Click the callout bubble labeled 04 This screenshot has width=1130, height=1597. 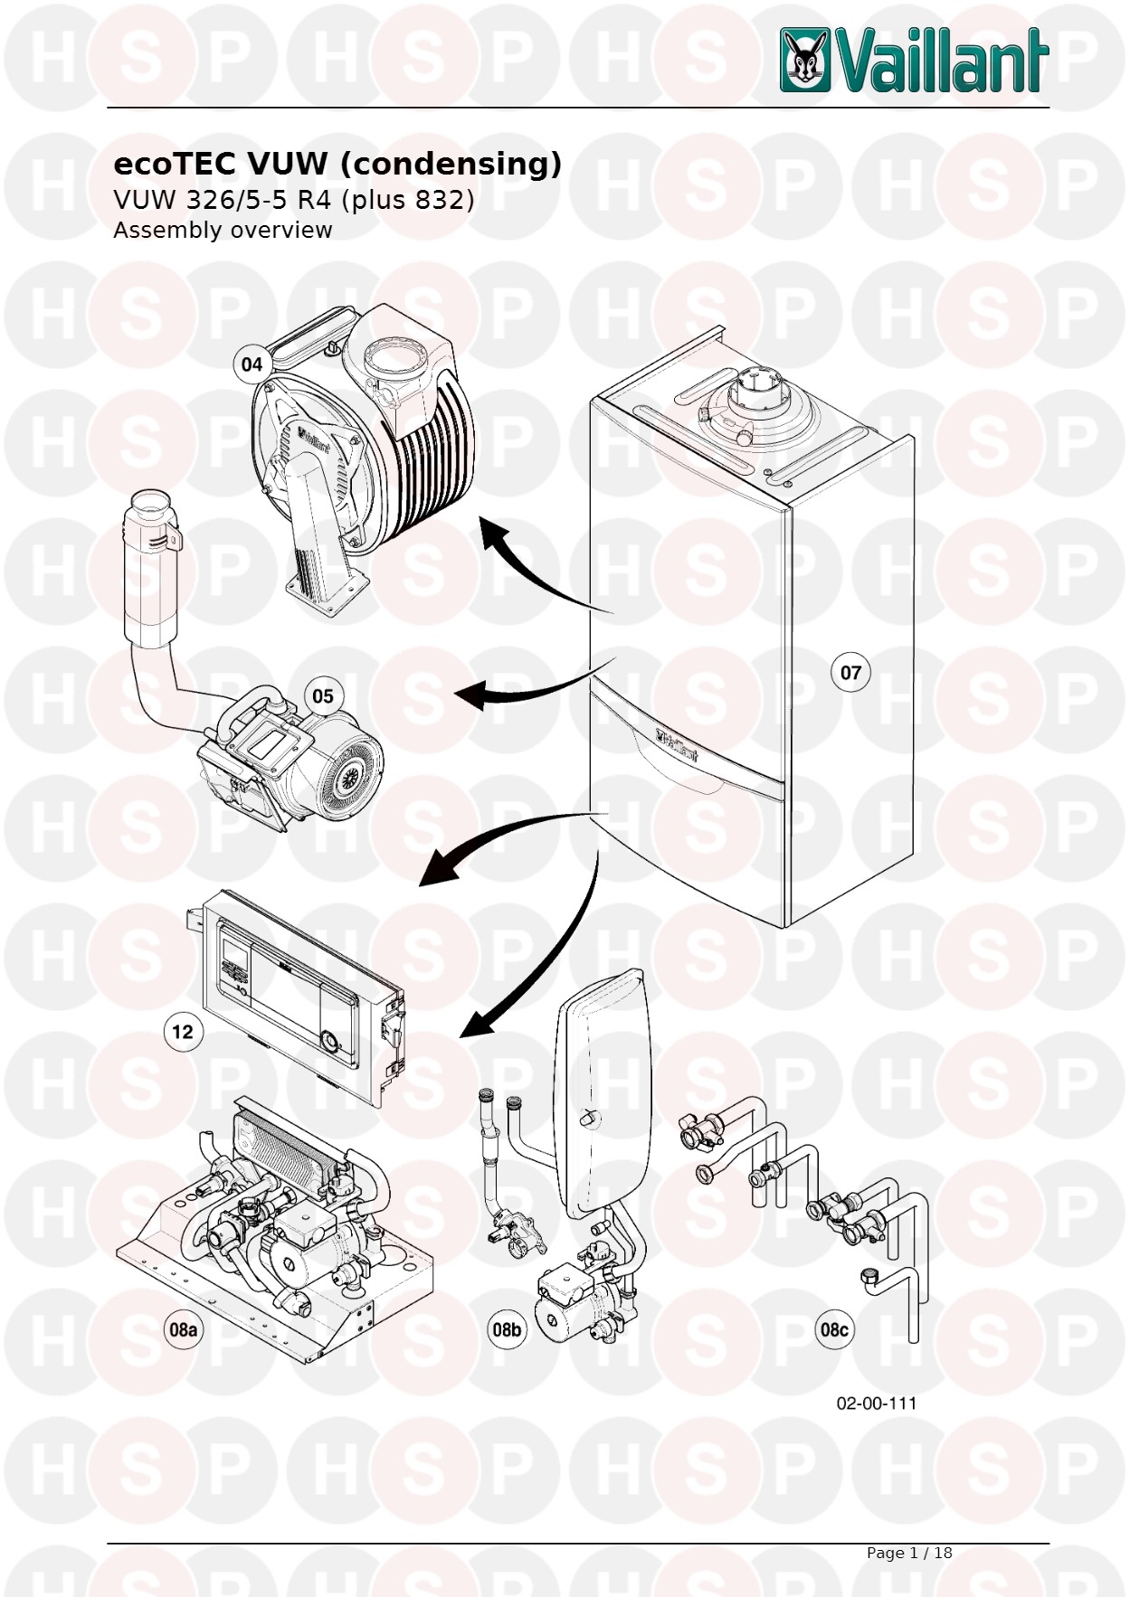coord(252,364)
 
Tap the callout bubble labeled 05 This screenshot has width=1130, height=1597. coord(323,696)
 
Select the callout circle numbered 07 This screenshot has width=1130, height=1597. coord(850,673)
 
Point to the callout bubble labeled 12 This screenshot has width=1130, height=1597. coord(183,1032)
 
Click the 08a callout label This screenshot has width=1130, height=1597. coord(183,1329)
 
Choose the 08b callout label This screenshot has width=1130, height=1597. coord(507,1329)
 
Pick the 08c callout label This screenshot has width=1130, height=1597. coord(834,1329)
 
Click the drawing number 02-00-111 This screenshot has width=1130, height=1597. coord(877,1403)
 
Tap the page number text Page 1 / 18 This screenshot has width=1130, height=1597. coord(909,1553)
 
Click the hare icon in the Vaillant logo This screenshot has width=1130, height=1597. coord(805,61)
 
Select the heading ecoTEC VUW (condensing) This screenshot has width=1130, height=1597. coord(337,164)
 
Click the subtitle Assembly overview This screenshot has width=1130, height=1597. coord(223,231)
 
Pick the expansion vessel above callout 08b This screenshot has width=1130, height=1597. coord(603,1095)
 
